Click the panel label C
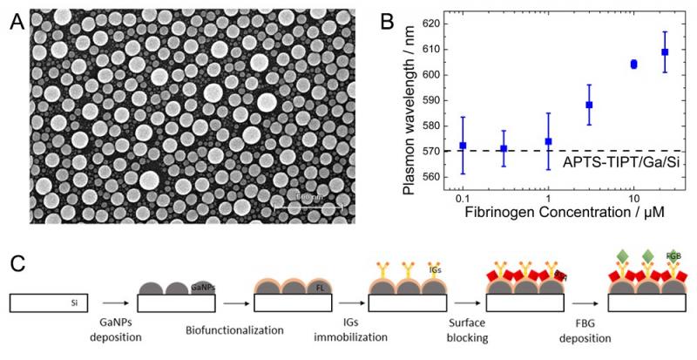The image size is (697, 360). coord(16,263)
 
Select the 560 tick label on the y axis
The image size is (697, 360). coord(430,176)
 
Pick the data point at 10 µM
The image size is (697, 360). coord(633,64)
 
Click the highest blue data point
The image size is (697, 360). coord(665,52)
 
